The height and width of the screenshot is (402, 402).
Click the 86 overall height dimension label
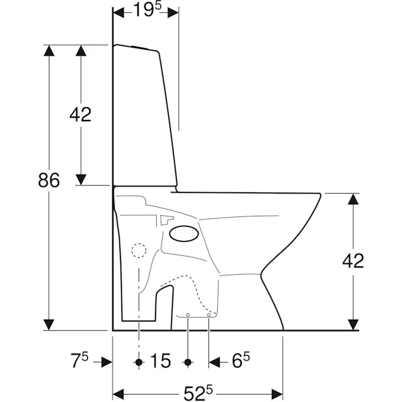click(x=49, y=180)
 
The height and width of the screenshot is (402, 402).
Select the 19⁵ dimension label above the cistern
click(x=147, y=10)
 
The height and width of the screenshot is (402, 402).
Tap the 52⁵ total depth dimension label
click(x=198, y=393)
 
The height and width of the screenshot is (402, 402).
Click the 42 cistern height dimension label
click(x=80, y=115)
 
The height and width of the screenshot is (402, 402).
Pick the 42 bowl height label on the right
click(x=353, y=261)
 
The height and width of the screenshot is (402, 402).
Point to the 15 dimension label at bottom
click(x=160, y=360)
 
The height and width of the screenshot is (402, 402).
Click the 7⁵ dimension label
click(x=79, y=360)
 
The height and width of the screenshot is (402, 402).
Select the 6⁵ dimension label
click(x=241, y=360)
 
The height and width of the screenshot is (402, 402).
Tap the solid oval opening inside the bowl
click(x=184, y=234)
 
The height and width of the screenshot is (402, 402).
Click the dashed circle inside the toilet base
click(x=139, y=250)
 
